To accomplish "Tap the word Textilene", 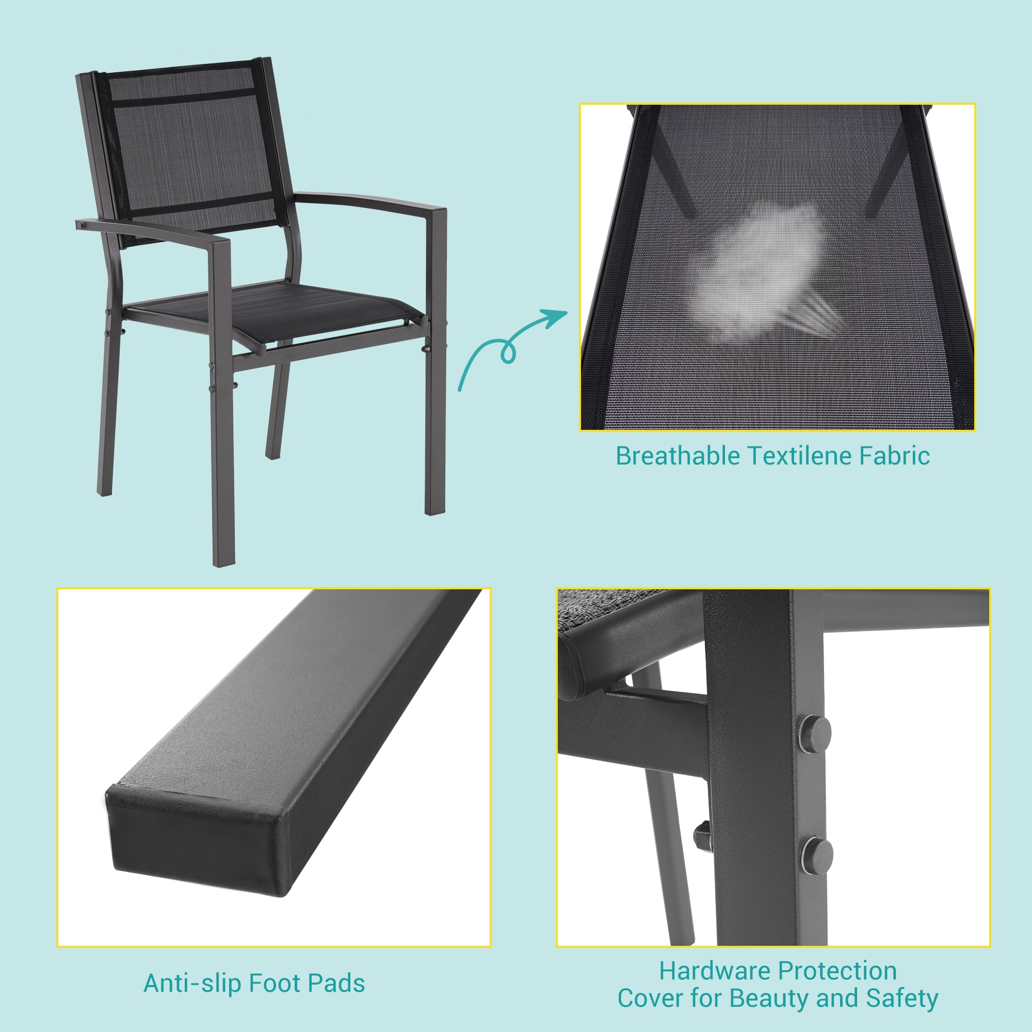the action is (x=800, y=456).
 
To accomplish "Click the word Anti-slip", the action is (x=193, y=984).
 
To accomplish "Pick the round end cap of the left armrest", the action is (x=81, y=225).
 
